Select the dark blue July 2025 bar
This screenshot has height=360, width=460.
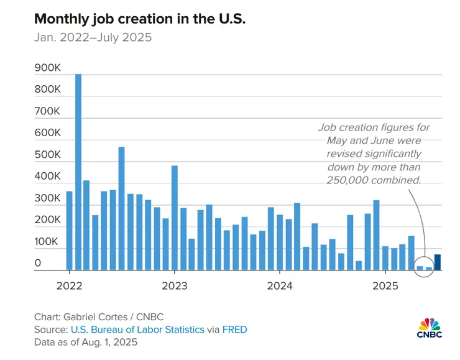(x=438, y=262)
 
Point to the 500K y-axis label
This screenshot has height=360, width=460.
(x=47, y=155)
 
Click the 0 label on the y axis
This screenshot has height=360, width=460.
(x=38, y=264)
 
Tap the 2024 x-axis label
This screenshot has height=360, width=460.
(x=280, y=287)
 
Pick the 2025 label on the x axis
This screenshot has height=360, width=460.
(x=385, y=287)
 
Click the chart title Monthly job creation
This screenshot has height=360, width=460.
(x=140, y=19)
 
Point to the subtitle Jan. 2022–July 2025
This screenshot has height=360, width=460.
(x=93, y=38)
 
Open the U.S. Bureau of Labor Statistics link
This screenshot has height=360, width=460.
(x=137, y=330)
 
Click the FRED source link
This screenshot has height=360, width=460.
(x=235, y=330)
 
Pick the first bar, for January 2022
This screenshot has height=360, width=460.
(x=70, y=231)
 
